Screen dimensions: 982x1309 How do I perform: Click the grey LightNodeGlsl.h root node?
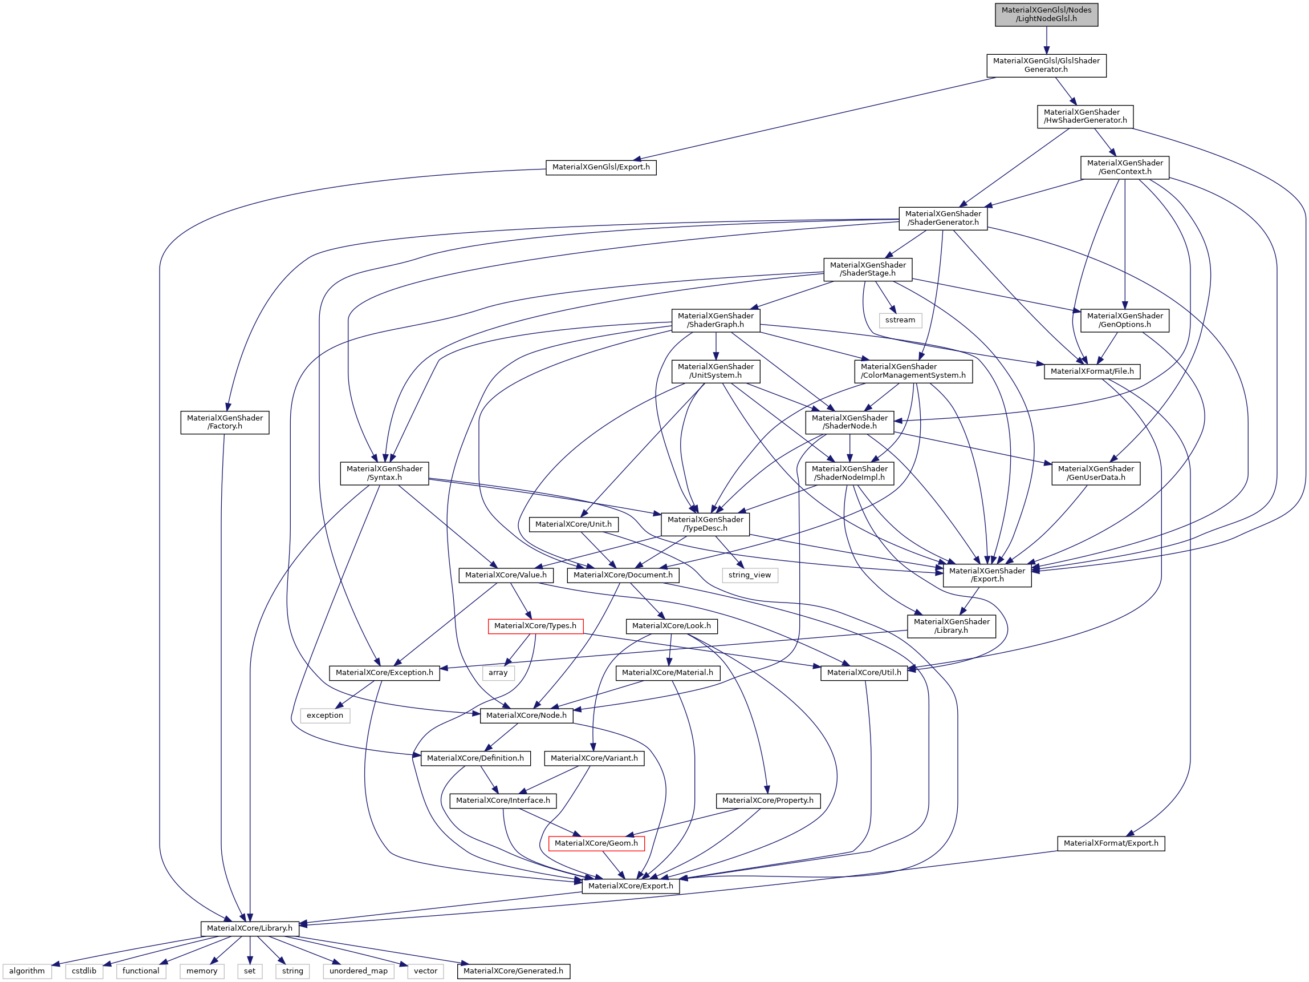[x=1046, y=14]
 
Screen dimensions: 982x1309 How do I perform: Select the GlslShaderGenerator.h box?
[x=1046, y=65]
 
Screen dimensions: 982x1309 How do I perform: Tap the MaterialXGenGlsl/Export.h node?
[x=601, y=167]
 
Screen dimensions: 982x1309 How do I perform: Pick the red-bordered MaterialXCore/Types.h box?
[x=535, y=626]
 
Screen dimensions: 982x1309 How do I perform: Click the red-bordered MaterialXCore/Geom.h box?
[x=596, y=843]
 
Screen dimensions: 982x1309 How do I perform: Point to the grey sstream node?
[x=900, y=320]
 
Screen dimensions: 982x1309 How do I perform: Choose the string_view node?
[x=749, y=575]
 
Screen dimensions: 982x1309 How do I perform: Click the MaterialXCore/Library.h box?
[x=250, y=928]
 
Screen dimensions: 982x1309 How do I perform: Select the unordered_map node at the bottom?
[x=358, y=971]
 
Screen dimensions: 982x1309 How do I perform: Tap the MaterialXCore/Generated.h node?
[x=513, y=971]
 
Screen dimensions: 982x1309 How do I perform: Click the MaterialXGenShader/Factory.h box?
[x=225, y=422]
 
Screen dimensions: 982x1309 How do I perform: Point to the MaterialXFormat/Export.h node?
[x=1111, y=843]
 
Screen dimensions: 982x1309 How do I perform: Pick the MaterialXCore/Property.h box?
[x=767, y=800]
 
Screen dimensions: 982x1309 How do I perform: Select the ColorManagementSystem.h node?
[x=913, y=371]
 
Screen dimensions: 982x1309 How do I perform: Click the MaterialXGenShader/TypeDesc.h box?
[x=705, y=524]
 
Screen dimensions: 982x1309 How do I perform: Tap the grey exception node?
[x=325, y=716]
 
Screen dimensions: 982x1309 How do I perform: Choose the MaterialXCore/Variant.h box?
[x=594, y=758]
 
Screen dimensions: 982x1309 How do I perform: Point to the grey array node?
[x=498, y=673]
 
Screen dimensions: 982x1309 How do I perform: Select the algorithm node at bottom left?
[x=27, y=971]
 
